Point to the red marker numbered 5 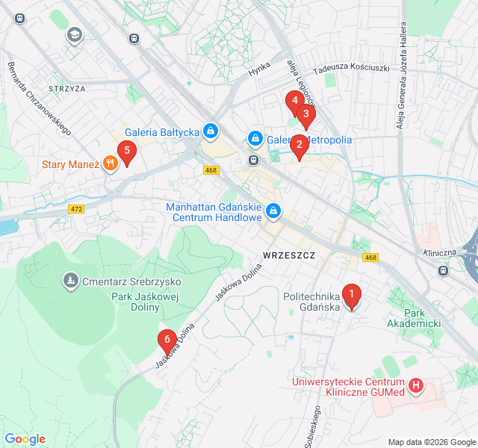pos(127,152)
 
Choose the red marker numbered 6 pos(167,340)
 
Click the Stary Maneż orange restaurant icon pos(111,164)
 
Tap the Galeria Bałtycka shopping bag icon pos(211,133)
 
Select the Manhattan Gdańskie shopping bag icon pos(273,211)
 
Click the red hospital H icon pos(416,386)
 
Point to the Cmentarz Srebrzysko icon pos(71,281)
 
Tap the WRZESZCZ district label pos(289,255)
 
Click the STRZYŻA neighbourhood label pos(67,88)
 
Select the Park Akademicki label pos(414,317)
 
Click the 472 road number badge pos(75,209)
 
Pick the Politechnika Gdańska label pos(311,302)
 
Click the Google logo pos(25,439)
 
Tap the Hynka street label pos(258,71)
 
